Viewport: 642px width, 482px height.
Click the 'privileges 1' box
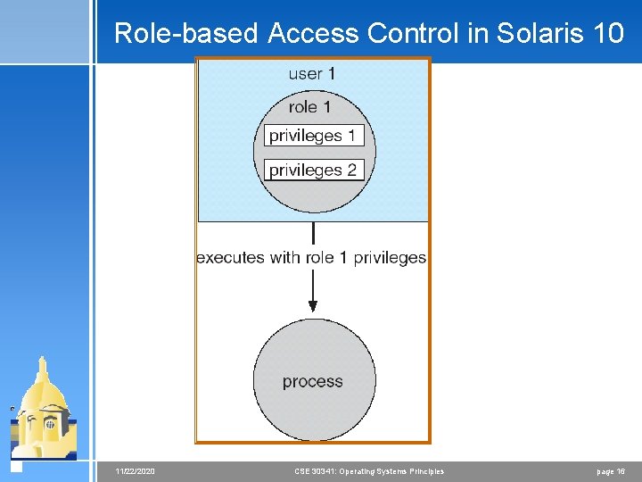314,137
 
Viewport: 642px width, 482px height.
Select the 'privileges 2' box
314,170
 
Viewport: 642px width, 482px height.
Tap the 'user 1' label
312,74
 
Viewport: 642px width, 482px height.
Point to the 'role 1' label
309,107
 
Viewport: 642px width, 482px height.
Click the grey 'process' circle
313,381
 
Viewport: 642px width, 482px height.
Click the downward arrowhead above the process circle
313,303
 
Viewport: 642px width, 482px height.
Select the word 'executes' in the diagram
230,258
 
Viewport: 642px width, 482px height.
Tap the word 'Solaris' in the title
539,34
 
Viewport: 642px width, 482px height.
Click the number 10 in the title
607,34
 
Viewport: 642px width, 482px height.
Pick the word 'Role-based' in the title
186,34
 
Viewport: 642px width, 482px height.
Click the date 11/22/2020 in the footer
136,471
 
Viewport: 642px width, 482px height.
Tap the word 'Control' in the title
428,34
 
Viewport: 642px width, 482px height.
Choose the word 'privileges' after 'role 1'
390,258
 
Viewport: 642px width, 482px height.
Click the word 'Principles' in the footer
424,471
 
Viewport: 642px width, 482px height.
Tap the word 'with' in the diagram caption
286,258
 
